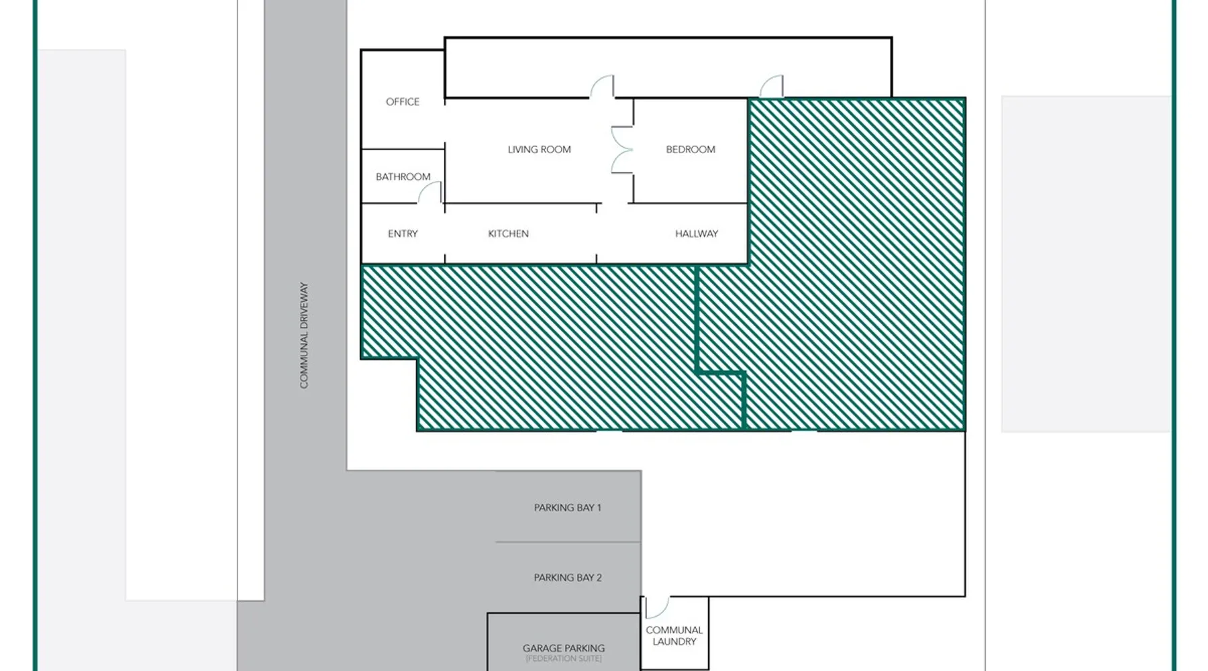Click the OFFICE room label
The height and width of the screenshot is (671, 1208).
click(x=403, y=101)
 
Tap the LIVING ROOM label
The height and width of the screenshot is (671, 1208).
click(x=539, y=149)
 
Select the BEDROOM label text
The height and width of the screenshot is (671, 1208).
click(x=691, y=149)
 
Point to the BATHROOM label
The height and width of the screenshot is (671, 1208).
click(x=403, y=176)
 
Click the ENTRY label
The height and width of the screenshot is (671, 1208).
click(x=403, y=234)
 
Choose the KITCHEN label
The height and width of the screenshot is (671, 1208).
click(x=508, y=234)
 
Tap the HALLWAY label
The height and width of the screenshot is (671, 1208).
click(x=697, y=234)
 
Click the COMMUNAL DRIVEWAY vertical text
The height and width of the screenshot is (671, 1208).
click(x=304, y=335)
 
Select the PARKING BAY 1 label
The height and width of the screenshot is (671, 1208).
click(x=568, y=507)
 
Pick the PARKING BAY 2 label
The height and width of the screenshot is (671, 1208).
click(x=568, y=577)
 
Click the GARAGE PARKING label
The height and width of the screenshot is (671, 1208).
click(x=564, y=648)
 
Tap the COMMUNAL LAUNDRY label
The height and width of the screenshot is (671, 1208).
click(x=674, y=635)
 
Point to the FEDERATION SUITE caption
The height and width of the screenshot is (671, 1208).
click(x=564, y=659)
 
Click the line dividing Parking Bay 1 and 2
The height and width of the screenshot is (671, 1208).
click(x=568, y=542)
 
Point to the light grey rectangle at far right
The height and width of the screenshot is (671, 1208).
click(x=1086, y=264)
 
